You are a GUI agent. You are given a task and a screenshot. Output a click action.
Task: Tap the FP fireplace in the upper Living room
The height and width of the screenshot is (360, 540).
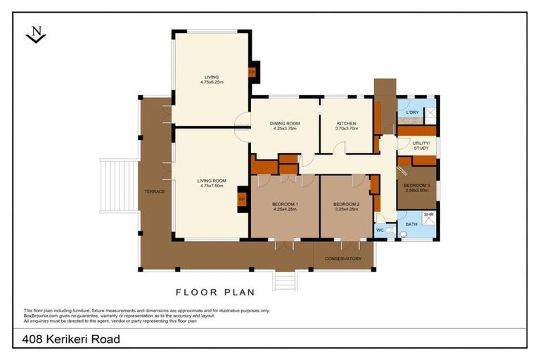pyautogui.click(x=251, y=72)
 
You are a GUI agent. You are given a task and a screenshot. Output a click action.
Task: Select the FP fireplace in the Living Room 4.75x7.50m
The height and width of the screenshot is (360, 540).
pyautogui.click(x=241, y=199)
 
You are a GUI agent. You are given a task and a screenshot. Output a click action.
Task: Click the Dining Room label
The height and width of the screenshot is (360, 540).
pyautogui.click(x=284, y=123)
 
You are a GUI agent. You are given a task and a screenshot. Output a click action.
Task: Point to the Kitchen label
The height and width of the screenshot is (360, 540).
pyautogui.click(x=346, y=123)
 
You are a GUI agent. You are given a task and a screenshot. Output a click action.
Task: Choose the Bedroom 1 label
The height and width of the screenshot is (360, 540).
pyautogui.click(x=284, y=204)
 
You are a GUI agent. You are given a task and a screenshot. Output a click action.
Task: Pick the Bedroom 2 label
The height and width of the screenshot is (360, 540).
pyautogui.click(x=346, y=204)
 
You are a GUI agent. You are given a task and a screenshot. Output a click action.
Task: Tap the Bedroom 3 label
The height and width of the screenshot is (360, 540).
pyautogui.click(x=416, y=186)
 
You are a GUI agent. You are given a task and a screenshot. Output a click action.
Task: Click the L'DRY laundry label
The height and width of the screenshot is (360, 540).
pyautogui.click(x=413, y=112)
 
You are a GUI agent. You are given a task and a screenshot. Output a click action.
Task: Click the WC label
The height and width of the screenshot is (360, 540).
pyautogui.click(x=379, y=230)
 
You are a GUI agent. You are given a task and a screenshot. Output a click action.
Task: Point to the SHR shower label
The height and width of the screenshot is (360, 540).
pyautogui.click(x=428, y=214)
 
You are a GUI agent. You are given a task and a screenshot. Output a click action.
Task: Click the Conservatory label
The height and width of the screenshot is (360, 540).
pyautogui.click(x=343, y=259)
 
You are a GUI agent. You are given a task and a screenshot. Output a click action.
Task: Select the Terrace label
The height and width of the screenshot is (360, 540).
pyautogui.click(x=154, y=191)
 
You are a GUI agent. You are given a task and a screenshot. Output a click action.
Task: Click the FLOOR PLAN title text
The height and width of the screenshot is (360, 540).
pyautogui.click(x=214, y=292)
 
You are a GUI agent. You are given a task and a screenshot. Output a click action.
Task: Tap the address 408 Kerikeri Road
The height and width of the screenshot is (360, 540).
pyautogui.click(x=70, y=340)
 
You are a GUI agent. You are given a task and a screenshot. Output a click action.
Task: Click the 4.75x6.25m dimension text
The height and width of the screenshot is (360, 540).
pyautogui.click(x=211, y=83)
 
